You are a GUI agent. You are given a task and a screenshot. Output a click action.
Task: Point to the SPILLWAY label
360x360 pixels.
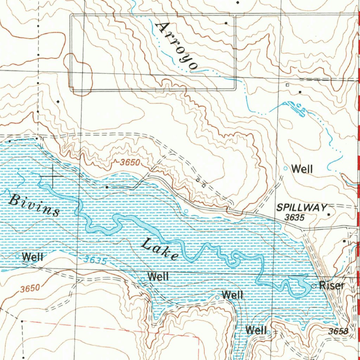[302, 208]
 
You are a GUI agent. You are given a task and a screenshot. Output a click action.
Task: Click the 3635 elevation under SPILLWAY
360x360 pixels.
[294, 218]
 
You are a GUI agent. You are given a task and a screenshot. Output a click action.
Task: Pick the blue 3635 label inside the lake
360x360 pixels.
[95, 261]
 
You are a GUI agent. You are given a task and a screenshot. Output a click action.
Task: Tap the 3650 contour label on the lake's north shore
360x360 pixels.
[130, 163]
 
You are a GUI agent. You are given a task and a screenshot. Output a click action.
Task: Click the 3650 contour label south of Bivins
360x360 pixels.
[30, 289]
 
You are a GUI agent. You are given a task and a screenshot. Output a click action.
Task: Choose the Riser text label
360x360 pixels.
[332, 285]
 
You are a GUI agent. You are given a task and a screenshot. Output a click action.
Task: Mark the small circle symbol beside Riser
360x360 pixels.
[314, 286]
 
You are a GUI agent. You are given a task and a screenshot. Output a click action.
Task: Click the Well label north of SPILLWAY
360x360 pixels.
[302, 169]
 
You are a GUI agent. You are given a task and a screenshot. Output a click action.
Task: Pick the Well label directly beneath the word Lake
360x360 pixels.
[158, 276]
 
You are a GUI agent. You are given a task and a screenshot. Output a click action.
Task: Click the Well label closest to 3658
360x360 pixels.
[256, 330]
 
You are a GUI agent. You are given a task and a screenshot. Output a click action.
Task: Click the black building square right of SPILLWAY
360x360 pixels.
[329, 214]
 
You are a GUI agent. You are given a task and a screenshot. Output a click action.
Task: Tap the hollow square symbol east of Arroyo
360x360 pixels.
[287, 85]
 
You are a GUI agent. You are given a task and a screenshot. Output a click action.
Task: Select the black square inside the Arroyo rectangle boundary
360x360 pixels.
[226, 23]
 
